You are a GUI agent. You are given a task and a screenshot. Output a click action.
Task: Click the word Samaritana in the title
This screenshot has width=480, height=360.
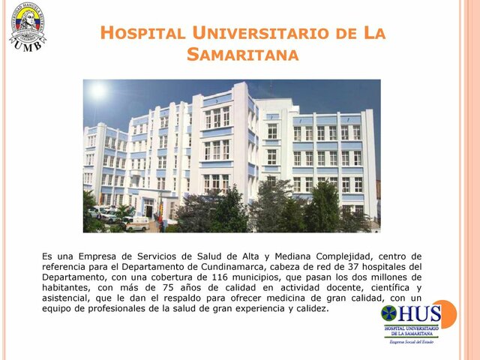(242, 55)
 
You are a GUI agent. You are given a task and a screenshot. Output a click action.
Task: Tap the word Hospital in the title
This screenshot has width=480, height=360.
(142, 33)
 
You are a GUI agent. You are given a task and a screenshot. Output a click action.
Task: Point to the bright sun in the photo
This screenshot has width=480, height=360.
(97, 91)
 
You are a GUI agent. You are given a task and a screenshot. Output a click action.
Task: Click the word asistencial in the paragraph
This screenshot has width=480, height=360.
(71, 298)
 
